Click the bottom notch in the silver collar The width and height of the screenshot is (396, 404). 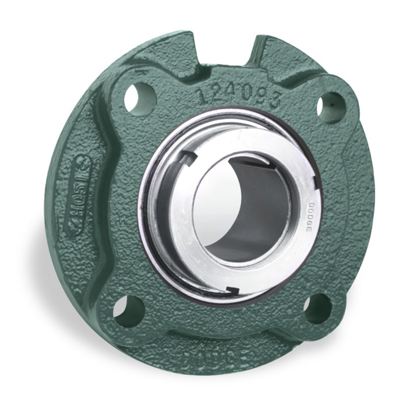tap(233, 289)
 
